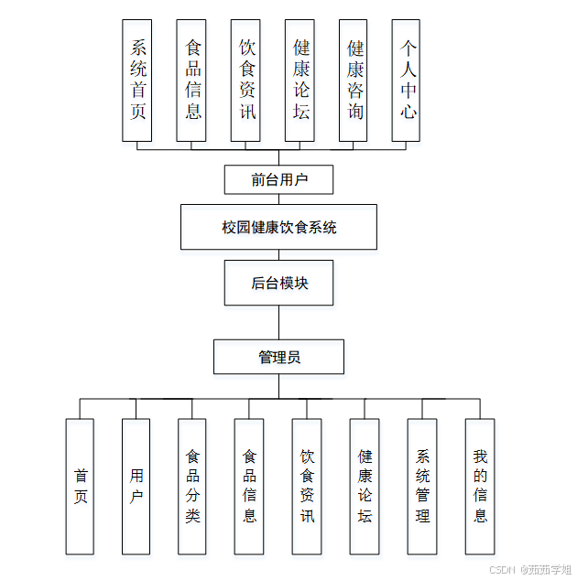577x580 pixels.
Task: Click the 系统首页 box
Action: [137, 81]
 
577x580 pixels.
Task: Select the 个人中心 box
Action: [407, 81]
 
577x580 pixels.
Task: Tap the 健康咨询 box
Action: [353, 81]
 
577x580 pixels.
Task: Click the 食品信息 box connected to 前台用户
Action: [191, 81]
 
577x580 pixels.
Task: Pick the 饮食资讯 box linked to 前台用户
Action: [245, 81]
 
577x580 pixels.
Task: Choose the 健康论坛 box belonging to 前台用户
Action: [299, 81]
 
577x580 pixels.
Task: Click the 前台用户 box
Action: [278, 179]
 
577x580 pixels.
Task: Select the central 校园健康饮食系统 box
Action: [278, 227]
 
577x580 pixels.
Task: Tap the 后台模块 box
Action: [278, 283]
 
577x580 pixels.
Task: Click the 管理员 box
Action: [278, 357]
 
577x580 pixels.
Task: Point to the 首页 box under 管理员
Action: [80, 486]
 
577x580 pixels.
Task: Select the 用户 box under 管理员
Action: [136, 486]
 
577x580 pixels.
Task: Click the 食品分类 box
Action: [192, 486]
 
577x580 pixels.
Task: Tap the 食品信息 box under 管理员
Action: [249, 486]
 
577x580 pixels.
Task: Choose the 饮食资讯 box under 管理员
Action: [307, 486]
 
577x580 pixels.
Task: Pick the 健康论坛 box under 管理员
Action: [365, 486]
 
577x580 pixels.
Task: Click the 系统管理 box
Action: [422, 486]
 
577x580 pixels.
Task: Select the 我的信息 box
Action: [480, 486]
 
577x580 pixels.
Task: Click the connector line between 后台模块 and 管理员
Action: [279, 322]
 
